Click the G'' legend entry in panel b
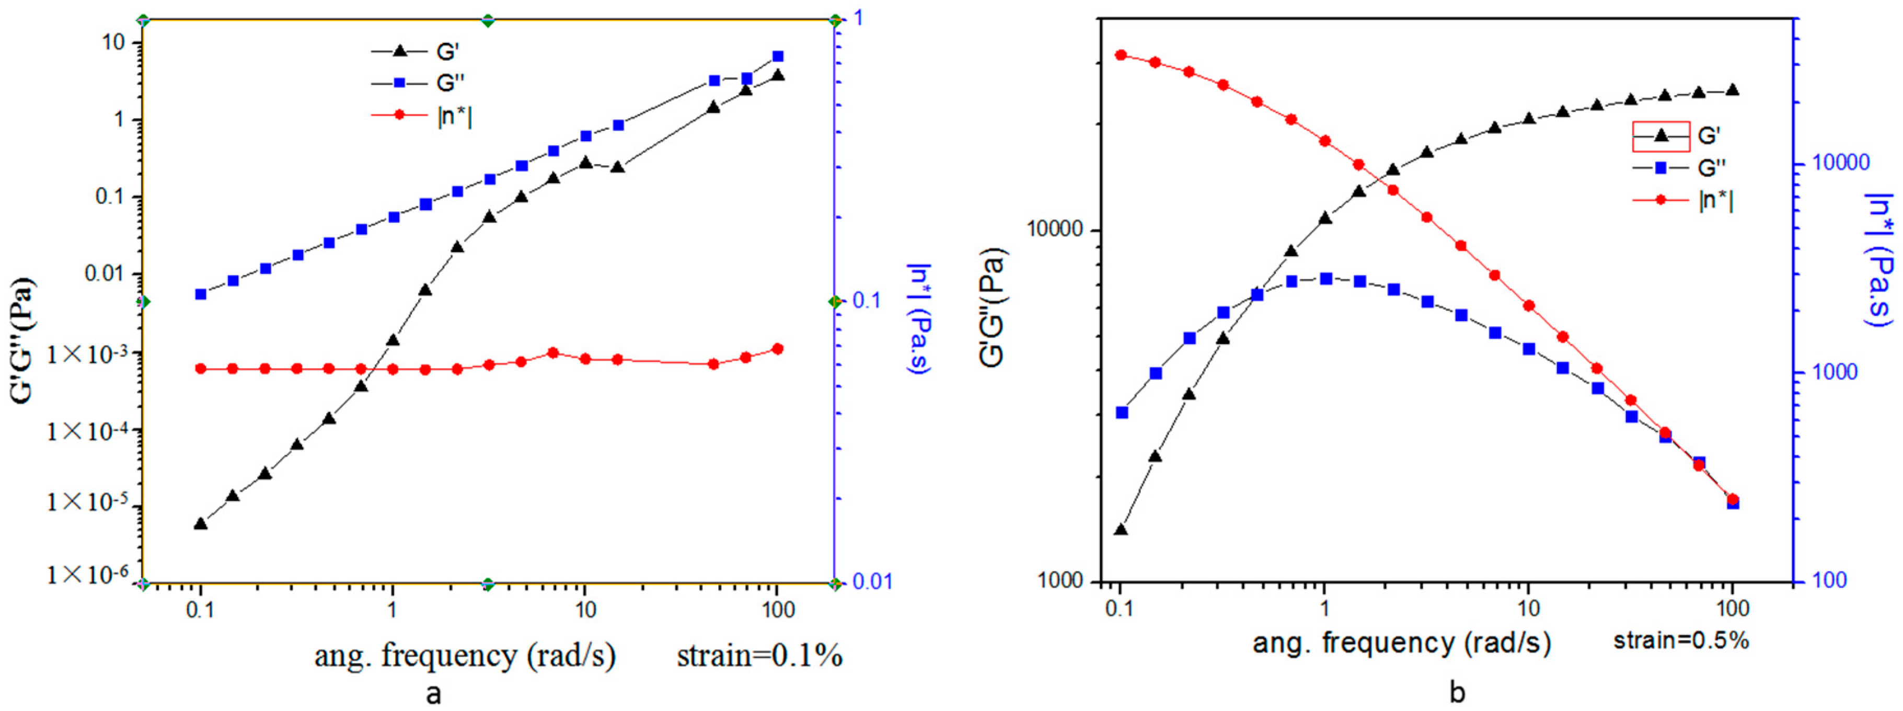tap(1681, 168)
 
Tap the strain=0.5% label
tap(1681, 640)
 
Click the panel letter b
tap(1457, 693)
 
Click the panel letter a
tap(434, 693)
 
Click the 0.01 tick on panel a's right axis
tap(872, 582)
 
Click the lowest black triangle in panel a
tap(200, 523)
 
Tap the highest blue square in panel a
tap(777, 56)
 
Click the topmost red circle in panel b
tap(1121, 55)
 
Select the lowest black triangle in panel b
tap(1121, 529)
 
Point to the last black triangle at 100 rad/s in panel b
tap(1732, 90)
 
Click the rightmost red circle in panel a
tap(777, 349)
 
